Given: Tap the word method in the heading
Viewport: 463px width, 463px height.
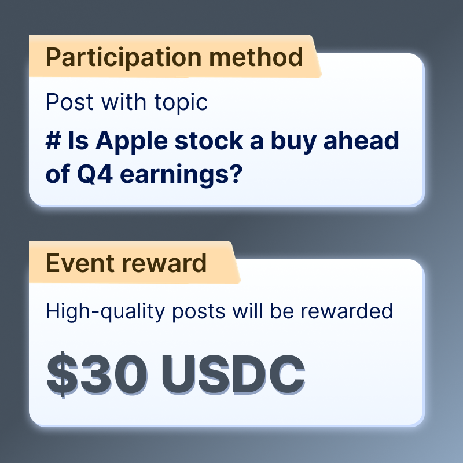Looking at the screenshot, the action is (x=256, y=57).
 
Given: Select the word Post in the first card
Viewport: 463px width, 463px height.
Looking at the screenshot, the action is (x=69, y=102).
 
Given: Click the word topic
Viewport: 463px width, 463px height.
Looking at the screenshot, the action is (x=181, y=103).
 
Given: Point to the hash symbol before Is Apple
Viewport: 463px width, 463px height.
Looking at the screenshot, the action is (x=53, y=141).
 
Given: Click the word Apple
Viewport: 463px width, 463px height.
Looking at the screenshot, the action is (x=132, y=142).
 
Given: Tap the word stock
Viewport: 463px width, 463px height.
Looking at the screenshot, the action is (x=209, y=140).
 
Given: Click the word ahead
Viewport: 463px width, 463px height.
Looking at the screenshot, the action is (x=361, y=140).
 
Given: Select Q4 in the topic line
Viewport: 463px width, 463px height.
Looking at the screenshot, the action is (x=95, y=174).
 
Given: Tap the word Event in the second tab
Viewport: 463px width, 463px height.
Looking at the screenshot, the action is (x=80, y=263).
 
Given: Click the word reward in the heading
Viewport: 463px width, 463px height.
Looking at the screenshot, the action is (x=164, y=263).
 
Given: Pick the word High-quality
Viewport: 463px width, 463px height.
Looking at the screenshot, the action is (x=105, y=312).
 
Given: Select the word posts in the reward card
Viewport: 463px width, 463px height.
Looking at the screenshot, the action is (x=199, y=313).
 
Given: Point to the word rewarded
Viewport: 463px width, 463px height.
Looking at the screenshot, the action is (x=347, y=311).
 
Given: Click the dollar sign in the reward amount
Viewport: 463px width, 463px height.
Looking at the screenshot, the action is (x=63, y=374).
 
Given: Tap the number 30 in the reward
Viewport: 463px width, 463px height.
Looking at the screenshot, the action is (x=113, y=374).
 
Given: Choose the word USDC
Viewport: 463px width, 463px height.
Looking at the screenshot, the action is (x=233, y=374).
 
